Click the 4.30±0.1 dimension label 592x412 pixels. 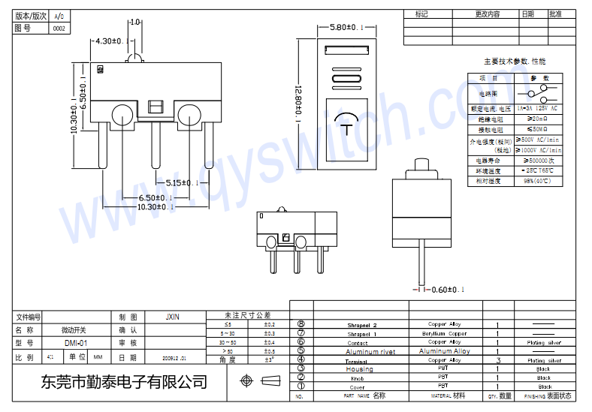(x=113, y=41)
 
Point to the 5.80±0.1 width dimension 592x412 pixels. (x=352, y=28)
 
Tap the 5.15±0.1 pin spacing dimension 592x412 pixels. (x=183, y=182)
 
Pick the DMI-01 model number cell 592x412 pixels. (x=76, y=343)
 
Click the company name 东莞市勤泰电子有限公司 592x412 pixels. (x=125, y=381)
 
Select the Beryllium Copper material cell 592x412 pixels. (x=447, y=333)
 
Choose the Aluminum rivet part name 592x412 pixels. (x=370, y=351)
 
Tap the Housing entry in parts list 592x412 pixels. (x=359, y=369)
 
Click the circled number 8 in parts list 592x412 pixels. (x=301, y=325)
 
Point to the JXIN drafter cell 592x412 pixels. (x=173, y=317)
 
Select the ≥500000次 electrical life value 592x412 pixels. (x=539, y=161)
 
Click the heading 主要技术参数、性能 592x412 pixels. (x=515, y=61)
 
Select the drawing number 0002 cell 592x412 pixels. (x=59, y=29)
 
